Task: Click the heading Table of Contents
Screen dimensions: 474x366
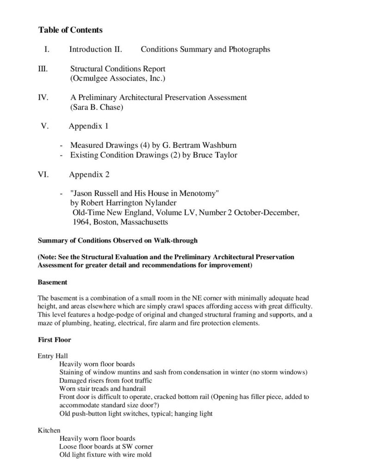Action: pos(70,30)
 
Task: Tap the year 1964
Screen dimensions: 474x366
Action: pos(82,222)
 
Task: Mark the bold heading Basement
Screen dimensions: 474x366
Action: pos(53,281)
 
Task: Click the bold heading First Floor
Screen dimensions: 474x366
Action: pos(54,340)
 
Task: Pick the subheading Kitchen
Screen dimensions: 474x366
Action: pos(49,430)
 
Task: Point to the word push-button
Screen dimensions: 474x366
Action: pos(88,413)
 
